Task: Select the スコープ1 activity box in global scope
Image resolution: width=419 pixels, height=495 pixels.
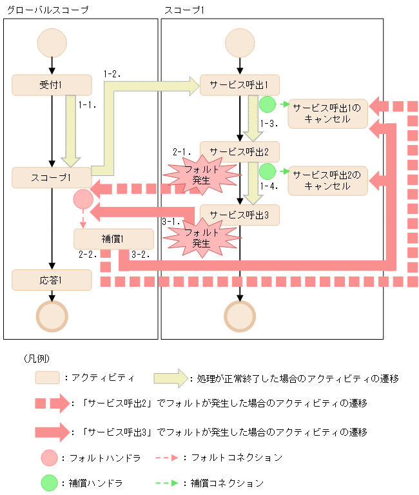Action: [x=51, y=177]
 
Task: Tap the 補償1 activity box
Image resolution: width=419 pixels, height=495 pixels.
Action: [x=113, y=239]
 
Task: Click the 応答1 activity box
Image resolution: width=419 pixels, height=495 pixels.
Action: [x=51, y=280]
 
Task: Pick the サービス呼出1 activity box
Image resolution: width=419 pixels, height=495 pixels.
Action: [x=240, y=85]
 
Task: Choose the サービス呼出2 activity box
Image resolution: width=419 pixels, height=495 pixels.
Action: [x=240, y=151]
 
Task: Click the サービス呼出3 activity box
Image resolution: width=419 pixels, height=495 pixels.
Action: [x=240, y=215]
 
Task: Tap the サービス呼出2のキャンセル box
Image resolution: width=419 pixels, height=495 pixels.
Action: [x=327, y=180]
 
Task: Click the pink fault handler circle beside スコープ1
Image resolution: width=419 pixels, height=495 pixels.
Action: [x=84, y=200]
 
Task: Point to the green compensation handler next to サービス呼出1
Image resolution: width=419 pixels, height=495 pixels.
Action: [x=268, y=104]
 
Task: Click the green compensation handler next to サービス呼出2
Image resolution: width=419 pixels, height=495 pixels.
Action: [x=268, y=171]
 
